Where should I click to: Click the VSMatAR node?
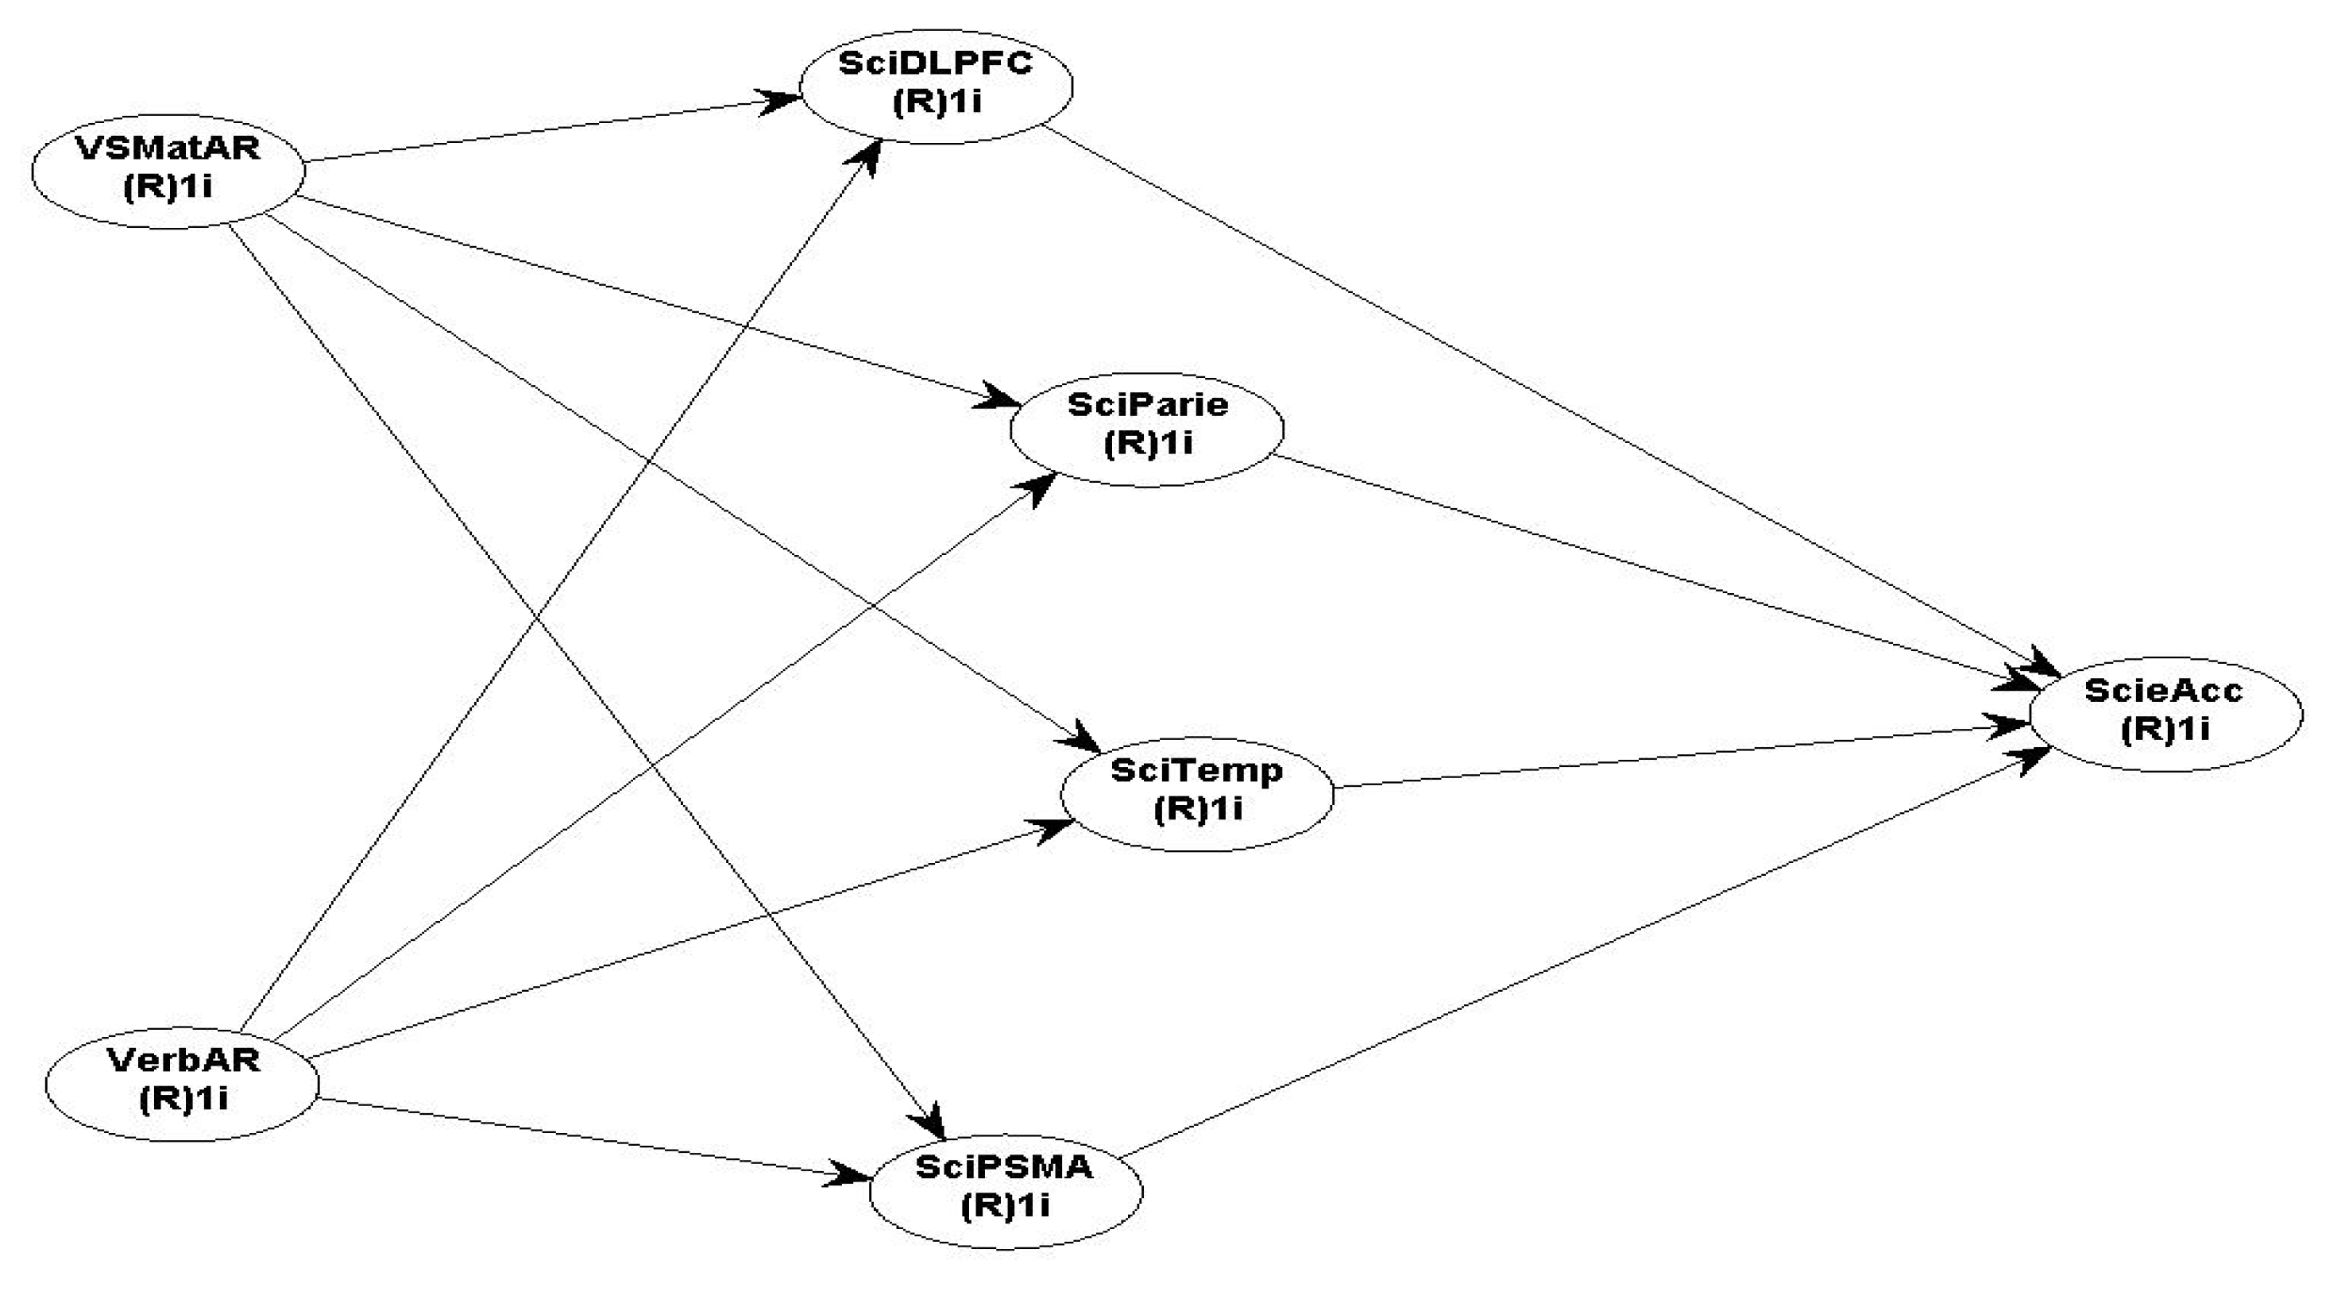168,168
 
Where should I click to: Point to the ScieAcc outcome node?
2165,714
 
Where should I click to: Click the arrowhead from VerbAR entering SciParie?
1041,485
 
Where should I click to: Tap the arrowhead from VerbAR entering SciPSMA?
851,1175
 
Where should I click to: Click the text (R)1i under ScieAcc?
2165,730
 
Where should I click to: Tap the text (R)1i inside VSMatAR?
168,187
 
